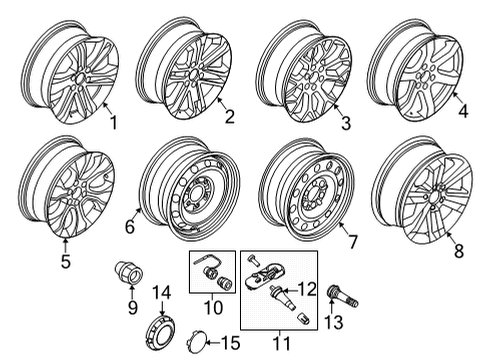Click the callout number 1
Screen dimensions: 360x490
pyautogui.click(x=113, y=124)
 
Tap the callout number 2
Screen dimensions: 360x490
pyautogui.click(x=229, y=119)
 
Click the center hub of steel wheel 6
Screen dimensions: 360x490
pyautogui.click(x=194, y=189)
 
